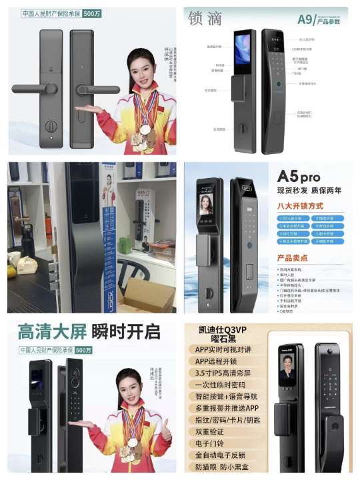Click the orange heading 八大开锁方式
[300, 206]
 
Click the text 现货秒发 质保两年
[309, 191]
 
